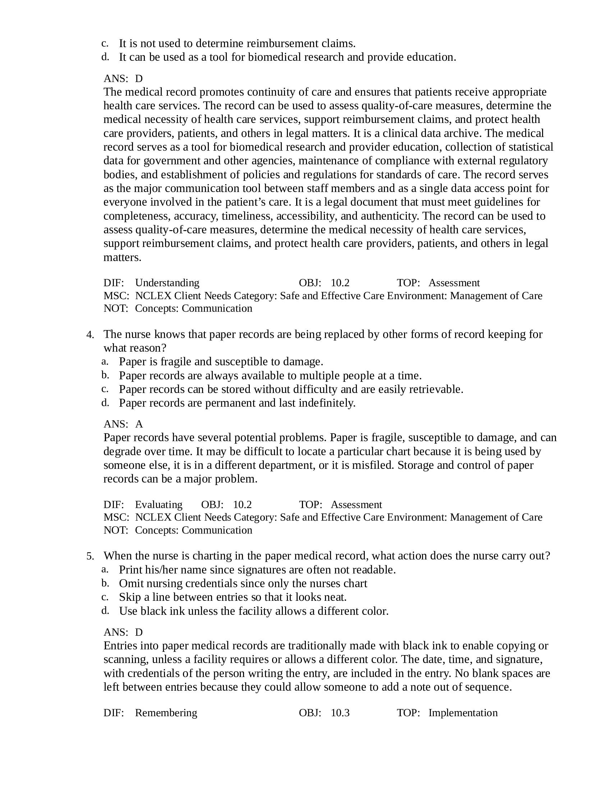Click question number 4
pyautogui.click(x=90, y=335)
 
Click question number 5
pyautogui.click(x=90, y=556)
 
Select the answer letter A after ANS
pyautogui.click(x=139, y=424)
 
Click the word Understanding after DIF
pyautogui.click(x=167, y=283)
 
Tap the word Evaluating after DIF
pyautogui.click(x=159, y=504)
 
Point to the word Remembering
pyautogui.click(x=166, y=713)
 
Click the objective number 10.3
pyautogui.click(x=340, y=713)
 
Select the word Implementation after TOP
pyautogui.click(x=463, y=713)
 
